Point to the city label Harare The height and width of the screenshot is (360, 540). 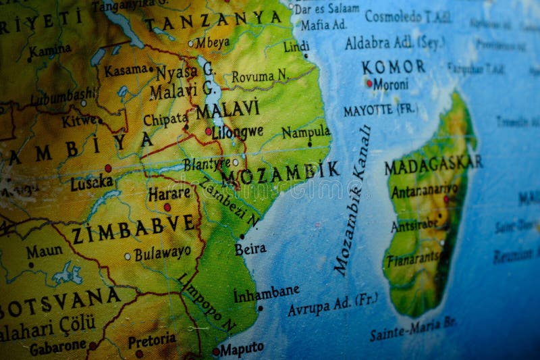[169, 193]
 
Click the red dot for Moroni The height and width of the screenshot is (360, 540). [369, 84]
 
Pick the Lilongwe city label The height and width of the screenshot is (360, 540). [238, 132]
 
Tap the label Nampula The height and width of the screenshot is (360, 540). [306, 132]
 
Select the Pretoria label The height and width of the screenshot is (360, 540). [152, 340]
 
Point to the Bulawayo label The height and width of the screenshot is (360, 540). [162, 254]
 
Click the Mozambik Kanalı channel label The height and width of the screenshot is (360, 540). [352, 201]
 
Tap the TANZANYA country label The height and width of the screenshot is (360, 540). [206, 21]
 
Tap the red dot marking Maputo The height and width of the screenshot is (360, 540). [216, 351]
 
